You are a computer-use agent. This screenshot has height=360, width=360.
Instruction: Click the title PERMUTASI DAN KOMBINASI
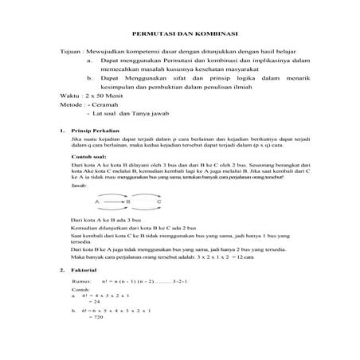[180, 33]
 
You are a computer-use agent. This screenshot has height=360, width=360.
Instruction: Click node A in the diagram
[97, 202]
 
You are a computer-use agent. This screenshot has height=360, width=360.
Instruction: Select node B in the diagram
[127, 202]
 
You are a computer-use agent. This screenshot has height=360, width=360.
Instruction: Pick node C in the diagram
[159, 202]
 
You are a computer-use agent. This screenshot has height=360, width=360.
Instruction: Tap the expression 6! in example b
[84, 311]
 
